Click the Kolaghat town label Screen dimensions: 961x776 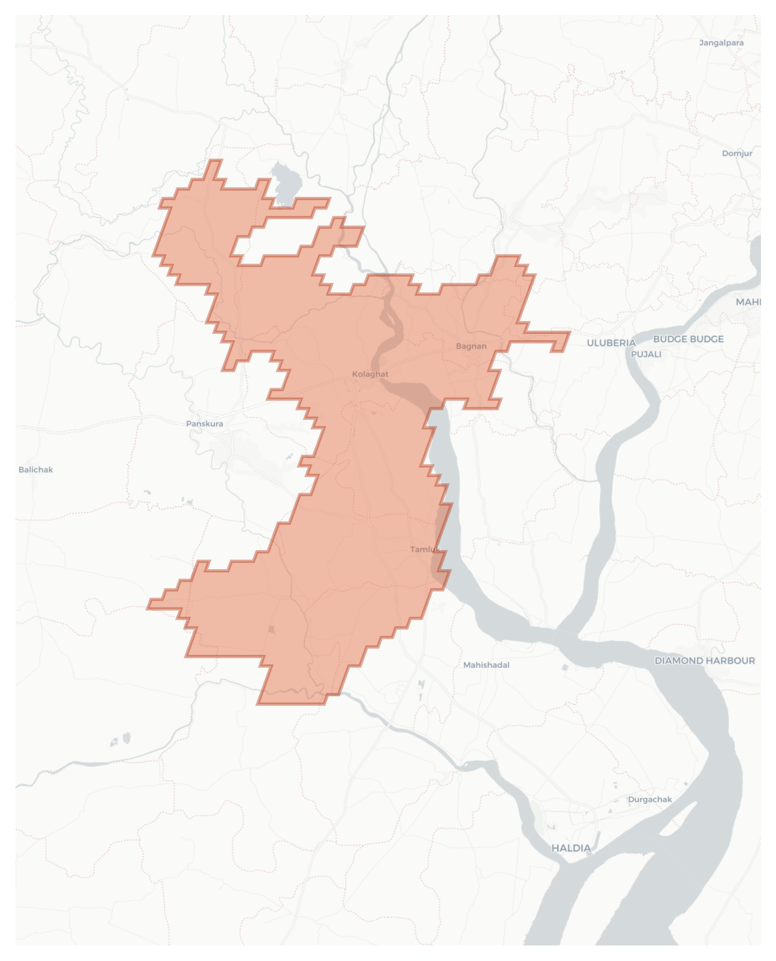370,374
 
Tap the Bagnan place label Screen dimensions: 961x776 471,346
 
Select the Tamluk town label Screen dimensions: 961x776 425,549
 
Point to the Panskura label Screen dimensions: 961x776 205,423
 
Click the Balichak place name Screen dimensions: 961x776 36,469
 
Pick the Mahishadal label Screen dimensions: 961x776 486,665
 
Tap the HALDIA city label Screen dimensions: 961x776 571,848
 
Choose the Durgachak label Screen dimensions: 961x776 650,799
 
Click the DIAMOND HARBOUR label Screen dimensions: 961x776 705,661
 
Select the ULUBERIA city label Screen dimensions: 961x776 611,343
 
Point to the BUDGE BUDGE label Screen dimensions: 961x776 688,339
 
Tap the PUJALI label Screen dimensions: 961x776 646,354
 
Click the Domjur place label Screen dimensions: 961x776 737,153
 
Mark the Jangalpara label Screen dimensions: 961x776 721,42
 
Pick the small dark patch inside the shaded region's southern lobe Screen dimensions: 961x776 271,629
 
